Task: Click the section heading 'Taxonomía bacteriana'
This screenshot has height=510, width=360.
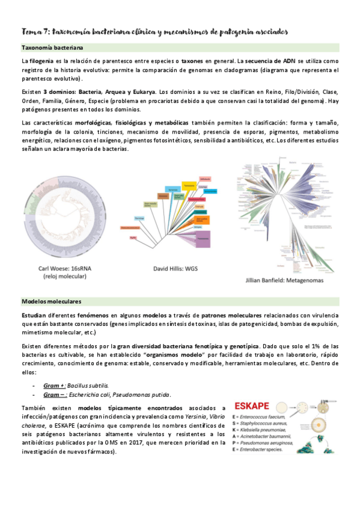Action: [52, 47]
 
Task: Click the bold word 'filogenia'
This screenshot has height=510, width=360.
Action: [41, 61]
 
